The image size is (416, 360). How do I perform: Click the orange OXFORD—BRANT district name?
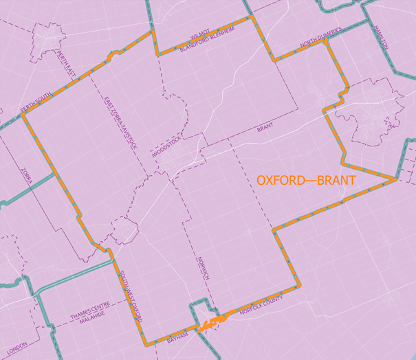[x=306, y=181]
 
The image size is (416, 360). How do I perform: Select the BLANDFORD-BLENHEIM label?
[x=208, y=42]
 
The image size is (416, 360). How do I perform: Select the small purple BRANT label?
[x=265, y=128]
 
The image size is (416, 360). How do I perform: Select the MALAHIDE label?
[x=94, y=320]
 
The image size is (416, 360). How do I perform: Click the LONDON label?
[x=15, y=346]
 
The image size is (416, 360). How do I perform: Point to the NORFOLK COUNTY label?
[x=261, y=308]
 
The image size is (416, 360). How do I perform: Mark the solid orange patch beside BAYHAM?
[x=215, y=321]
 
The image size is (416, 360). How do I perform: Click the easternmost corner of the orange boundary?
[x=397, y=179]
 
